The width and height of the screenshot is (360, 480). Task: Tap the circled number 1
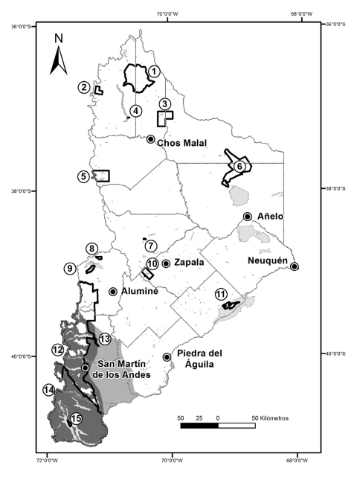[153, 71]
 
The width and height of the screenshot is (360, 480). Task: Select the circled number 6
[240, 167]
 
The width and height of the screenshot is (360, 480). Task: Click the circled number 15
[75, 420]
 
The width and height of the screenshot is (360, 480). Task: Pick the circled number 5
[84, 176]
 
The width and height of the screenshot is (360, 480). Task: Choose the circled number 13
[105, 339]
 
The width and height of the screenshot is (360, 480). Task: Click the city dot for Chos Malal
[150, 139]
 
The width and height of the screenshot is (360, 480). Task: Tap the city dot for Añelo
[247, 216]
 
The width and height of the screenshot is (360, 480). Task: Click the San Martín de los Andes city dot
[86, 368]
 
